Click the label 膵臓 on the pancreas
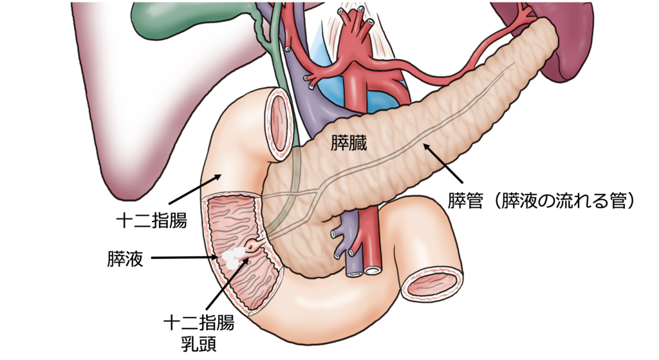coord(348,143)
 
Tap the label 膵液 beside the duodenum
coord(125,259)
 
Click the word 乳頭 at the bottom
coord(199,344)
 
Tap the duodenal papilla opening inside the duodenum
coord(252,245)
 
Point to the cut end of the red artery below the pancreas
coord(373,270)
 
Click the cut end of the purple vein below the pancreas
coord(355,272)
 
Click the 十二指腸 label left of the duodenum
coord(152,220)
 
